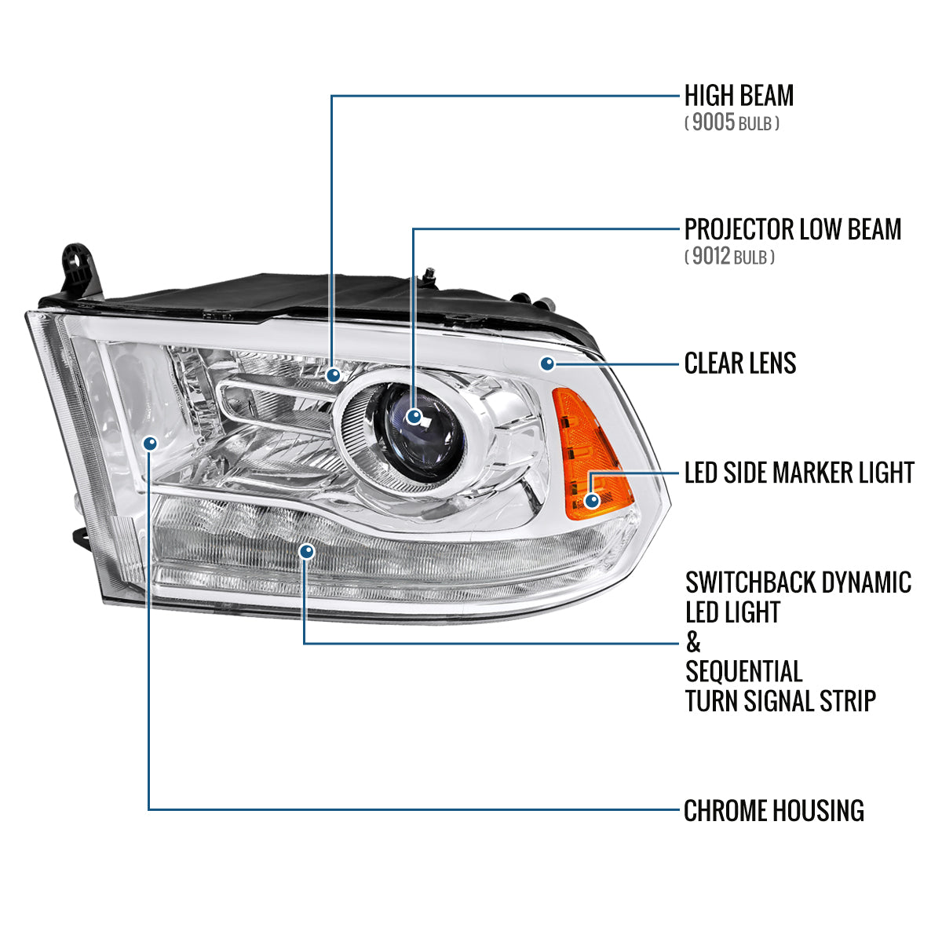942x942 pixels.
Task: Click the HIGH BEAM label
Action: pyautogui.click(x=739, y=96)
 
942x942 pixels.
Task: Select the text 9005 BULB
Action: pyautogui.click(x=732, y=123)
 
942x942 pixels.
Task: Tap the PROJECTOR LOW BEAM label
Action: pyautogui.click(x=793, y=229)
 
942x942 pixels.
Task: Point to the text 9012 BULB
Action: pyautogui.click(x=729, y=257)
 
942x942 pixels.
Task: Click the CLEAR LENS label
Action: pyautogui.click(x=740, y=363)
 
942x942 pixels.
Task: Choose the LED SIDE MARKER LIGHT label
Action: pyautogui.click(x=799, y=473)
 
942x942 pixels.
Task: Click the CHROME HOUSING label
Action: pyautogui.click(x=774, y=810)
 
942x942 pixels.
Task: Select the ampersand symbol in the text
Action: pyautogui.click(x=693, y=642)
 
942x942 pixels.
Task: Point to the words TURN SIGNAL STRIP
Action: pyautogui.click(x=780, y=701)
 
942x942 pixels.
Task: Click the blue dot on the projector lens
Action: pyautogui.click(x=414, y=417)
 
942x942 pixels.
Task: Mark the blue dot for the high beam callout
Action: pyautogui.click(x=334, y=374)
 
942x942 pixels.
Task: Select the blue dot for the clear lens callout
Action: pyautogui.click(x=548, y=363)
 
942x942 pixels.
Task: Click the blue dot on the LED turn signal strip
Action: pyautogui.click(x=306, y=553)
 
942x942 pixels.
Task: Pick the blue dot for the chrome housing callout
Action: pyautogui.click(x=151, y=443)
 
